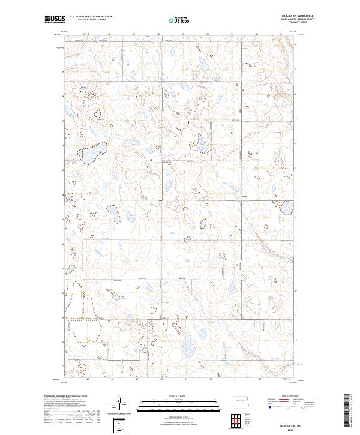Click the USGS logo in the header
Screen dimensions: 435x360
(54, 20)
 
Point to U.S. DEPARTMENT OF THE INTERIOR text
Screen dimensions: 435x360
(91, 16)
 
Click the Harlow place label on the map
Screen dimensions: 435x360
(244, 196)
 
